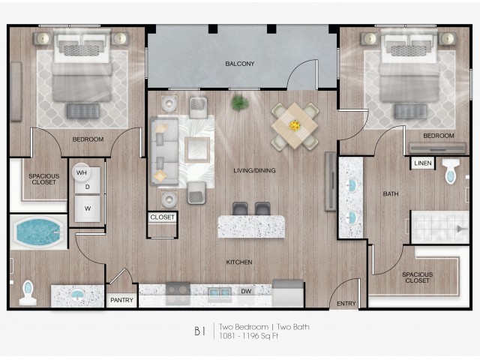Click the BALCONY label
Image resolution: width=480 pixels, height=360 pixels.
click(240, 64)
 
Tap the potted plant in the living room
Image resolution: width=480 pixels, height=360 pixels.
click(240, 103)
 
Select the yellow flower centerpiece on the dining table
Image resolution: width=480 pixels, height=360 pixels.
click(295, 125)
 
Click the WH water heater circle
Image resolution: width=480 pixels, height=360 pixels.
click(81, 172)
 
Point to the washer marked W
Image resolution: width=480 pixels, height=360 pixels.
click(88, 208)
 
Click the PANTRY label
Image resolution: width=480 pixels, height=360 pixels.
click(121, 300)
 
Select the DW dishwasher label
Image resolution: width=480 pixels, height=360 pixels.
click(246, 291)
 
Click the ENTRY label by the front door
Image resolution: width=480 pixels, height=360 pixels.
click(346, 303)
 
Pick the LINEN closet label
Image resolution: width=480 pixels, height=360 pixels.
click(423, 163)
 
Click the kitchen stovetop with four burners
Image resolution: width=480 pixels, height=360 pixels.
click(178, 293)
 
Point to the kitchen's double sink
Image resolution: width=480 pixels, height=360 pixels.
click(220, 293)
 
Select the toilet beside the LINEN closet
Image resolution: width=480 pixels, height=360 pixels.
click(451, 171)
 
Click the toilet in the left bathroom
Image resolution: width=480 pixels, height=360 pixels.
click(28, 292)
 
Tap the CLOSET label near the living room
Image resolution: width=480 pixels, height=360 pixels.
click(162, 217)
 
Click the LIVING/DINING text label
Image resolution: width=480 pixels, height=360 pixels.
click(254, 170)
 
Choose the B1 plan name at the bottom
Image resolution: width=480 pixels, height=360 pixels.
click(200, 331)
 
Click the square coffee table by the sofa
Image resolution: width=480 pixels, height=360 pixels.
click(197, 150)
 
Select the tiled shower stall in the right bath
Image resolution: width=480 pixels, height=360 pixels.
click(440, 226)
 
